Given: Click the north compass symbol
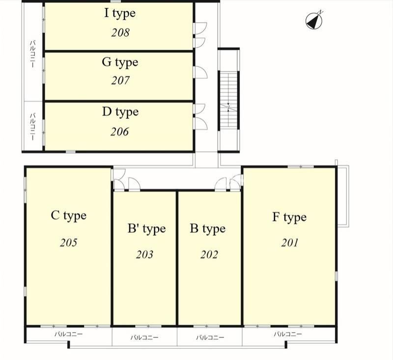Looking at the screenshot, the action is tap(314, 20).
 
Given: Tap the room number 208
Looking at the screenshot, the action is tap(120, 32).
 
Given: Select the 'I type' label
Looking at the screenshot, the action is tap(120, 13).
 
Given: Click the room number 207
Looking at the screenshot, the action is tap(120, 81).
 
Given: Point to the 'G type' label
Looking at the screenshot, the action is tap(120, 63).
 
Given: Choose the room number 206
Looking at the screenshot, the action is tap(119, 132).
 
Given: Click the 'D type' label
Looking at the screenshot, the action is tap(120, 112).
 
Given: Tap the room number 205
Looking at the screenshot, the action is tap(68, 243).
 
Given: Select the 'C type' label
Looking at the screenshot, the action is tap(68, 216).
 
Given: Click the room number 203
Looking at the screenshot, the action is tap(144, 254).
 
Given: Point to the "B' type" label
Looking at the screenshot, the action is tap(146, 229).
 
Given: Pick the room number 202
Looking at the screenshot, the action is tap(209, 254).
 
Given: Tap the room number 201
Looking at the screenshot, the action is tap(290, 243).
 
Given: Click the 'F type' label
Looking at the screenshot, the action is tap(289, 218).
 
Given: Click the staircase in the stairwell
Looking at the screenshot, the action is tap(228, 100).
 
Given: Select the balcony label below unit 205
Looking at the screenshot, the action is tap(68, 334).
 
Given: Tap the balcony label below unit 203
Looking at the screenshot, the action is tap(144, 337).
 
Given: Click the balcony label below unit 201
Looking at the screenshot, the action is tap(288, 334).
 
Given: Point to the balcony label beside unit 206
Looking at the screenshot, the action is tap(32, 127).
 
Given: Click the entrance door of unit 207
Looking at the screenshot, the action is tap(200, 72).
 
